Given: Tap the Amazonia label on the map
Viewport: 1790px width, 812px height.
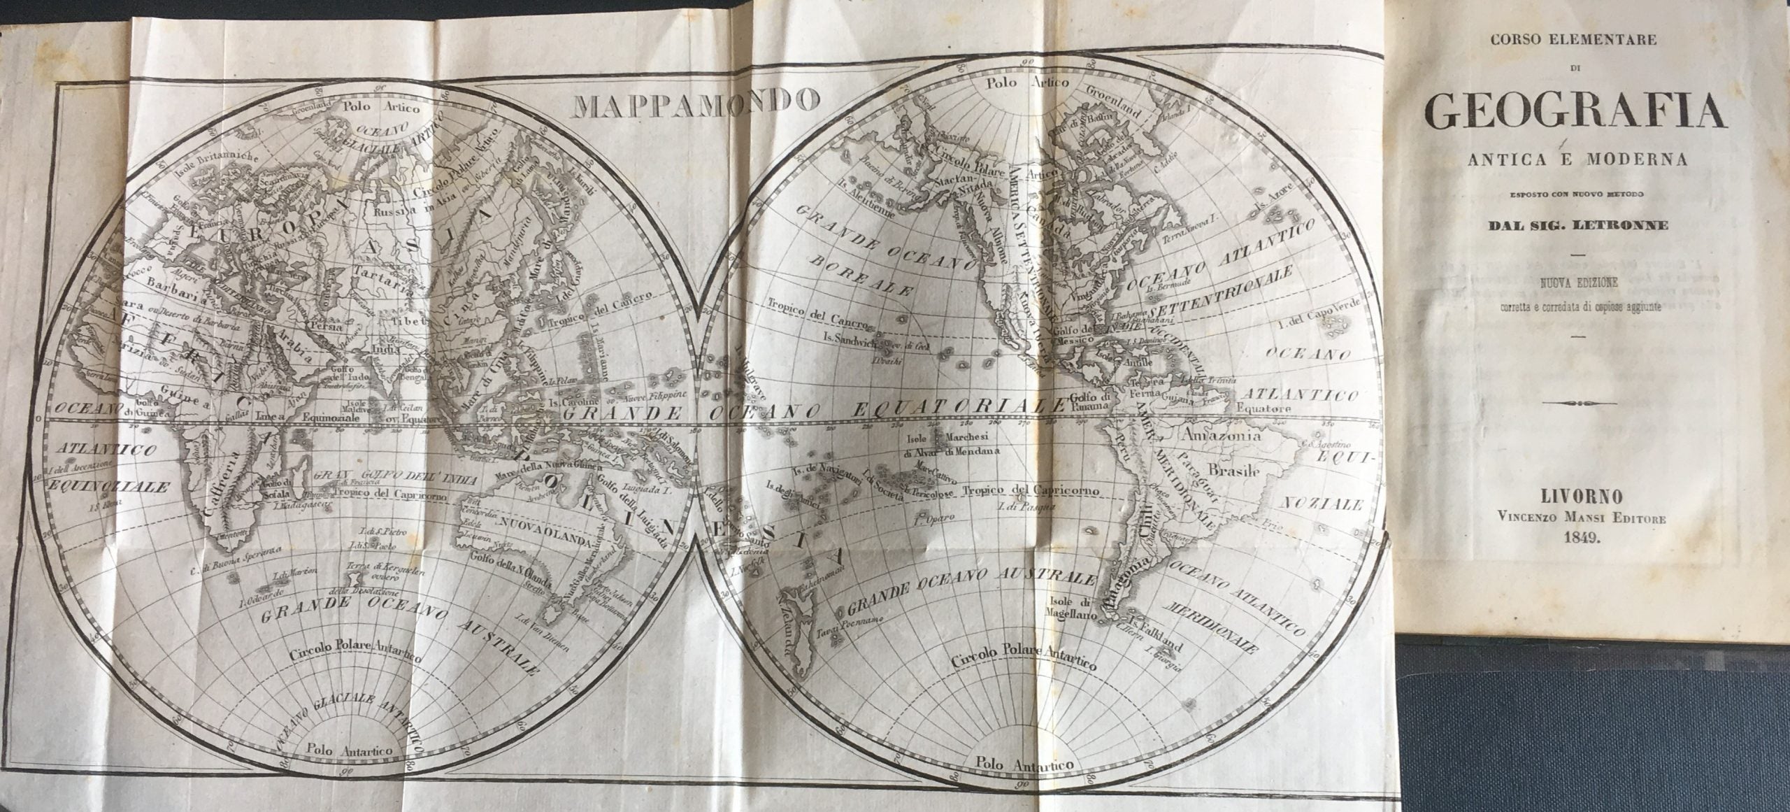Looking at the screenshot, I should tap(1220, 435).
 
